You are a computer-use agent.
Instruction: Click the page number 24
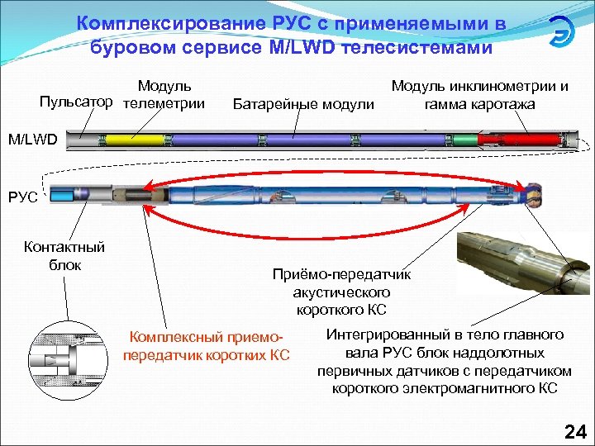click(573, 430)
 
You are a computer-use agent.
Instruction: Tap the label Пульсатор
click(76, 103)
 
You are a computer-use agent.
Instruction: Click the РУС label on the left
click(21, 197)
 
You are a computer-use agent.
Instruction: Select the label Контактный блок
click(64, 255)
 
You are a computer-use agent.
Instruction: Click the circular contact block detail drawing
click(69, 362)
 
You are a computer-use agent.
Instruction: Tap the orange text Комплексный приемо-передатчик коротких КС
click(207, 347)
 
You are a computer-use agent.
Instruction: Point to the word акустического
click(341, 292)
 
